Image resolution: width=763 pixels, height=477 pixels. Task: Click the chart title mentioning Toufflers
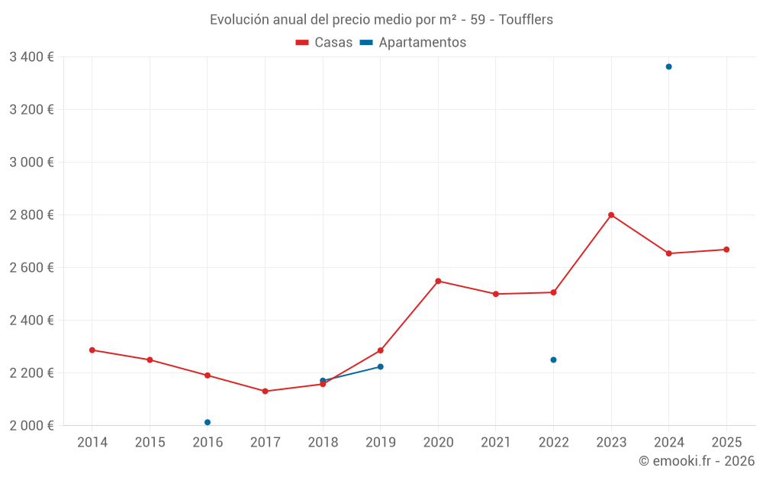[381, 19]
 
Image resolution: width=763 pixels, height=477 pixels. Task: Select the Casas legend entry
[324, 43]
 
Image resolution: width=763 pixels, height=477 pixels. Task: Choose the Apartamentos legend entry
[413, 43]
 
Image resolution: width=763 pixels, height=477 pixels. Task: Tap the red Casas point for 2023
[611, 215]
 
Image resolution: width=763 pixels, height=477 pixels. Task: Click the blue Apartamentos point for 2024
[668, 66]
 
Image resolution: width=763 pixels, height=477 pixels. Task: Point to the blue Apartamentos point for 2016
[208, 422]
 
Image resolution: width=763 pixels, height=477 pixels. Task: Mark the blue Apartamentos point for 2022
[553, 359]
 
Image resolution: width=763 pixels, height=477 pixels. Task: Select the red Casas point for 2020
[438, 281]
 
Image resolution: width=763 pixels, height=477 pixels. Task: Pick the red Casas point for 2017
[265, 392]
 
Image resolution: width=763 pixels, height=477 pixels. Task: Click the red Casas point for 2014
[92, 350]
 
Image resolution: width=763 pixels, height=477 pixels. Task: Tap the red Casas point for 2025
[726, 250]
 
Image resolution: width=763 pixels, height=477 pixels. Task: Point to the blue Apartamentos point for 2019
[380, 367]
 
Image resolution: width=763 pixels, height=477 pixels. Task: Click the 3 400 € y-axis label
[31, 56]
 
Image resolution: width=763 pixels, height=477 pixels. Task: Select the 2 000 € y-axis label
[31, 425]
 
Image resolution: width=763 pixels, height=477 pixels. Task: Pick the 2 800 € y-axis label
[31, 214]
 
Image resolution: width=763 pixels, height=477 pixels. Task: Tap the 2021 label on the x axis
[496, 443]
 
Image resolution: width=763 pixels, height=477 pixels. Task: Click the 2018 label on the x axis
[323, 443]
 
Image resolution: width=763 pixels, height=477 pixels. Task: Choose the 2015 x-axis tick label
[150, 443]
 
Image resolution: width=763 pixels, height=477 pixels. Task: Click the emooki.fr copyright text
[697, 461]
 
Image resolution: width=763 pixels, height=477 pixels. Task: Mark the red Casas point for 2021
[496, 294]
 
